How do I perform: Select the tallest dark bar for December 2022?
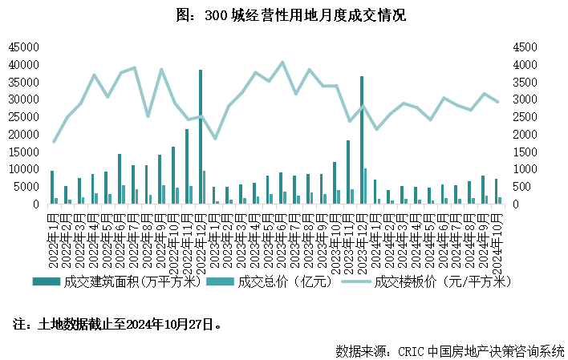point(201,136)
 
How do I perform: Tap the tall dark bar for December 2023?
point(362,140)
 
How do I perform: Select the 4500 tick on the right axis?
point(524,47)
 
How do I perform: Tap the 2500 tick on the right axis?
point(524,116)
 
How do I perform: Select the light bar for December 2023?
point(366,186)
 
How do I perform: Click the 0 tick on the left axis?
point(34,204)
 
